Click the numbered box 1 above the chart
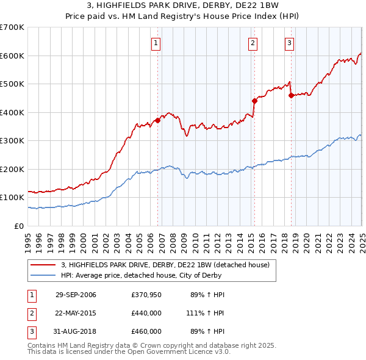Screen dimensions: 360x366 tap(157, 43)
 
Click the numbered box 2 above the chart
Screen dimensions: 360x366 tap(253, 43)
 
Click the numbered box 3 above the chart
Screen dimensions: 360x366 tap(289, 43)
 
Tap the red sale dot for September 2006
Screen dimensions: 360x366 tap(157, 120)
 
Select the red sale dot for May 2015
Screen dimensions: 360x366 tap(254, 101)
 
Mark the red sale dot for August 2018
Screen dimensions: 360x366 tap(291, 95)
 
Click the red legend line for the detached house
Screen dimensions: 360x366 tap(43, 265)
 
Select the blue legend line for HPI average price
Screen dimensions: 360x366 tap(43, 275)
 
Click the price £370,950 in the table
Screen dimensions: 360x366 tap(146, 295)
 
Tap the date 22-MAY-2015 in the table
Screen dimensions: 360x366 tap(76, 313)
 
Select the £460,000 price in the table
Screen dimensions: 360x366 tap(146, 331)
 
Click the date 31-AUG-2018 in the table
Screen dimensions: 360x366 tap(76, 331)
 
